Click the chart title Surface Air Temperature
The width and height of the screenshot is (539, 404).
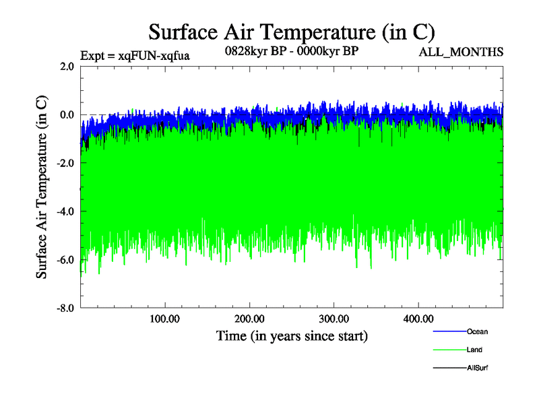point(291,32)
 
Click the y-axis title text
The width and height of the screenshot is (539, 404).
point(42,187)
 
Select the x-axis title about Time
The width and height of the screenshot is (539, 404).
point(292,335)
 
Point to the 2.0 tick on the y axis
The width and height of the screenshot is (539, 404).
point(66,67)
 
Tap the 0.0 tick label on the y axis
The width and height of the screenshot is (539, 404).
point(66,115)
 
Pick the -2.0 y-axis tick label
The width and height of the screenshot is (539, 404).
point(65,164)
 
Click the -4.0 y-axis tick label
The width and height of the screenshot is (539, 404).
point(65,212)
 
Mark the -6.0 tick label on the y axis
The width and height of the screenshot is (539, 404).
point(65,261)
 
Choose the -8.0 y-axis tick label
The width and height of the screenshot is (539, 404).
point(65,309)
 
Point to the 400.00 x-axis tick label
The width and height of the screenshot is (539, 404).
point(418,318)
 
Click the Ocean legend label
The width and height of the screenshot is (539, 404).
point(477,331)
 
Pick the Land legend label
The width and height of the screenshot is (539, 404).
point(474,350)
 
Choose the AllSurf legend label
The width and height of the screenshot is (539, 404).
point(477,368)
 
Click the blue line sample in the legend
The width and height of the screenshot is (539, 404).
point(448,331)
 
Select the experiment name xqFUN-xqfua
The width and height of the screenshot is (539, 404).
point(135,56)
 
